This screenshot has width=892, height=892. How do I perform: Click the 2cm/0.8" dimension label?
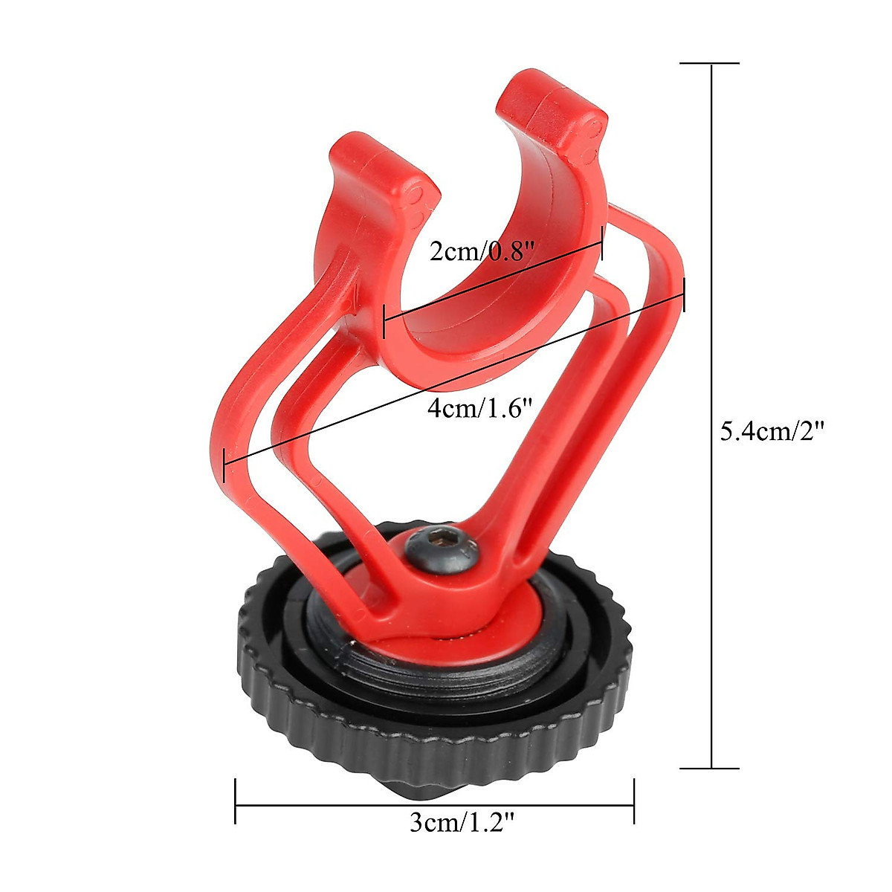tap(482, 252)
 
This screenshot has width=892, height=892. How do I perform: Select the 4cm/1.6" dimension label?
tap(481, 408)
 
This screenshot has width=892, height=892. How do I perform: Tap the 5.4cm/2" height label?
tap(773, 431)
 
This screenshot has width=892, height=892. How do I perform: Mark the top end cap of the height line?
tap(711, 64)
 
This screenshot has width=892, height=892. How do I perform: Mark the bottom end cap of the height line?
tap(711, 768)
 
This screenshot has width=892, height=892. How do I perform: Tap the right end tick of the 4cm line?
tap(683, 296)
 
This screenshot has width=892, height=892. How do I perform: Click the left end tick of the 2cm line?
tap(384, 320)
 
